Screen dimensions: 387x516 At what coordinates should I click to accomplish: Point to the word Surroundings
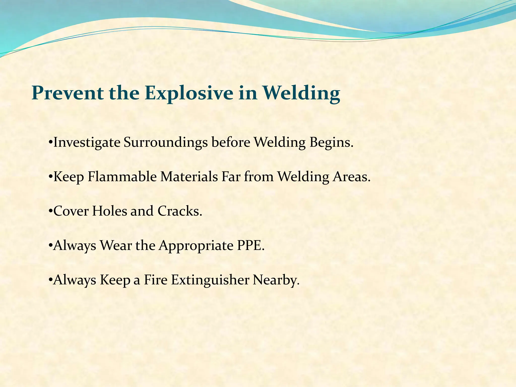pos(166,143)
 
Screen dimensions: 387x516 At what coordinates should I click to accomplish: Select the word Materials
pos(189,177)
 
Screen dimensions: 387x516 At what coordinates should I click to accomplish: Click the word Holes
pos(109,211)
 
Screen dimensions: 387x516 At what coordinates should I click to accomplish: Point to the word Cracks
pos(180,211)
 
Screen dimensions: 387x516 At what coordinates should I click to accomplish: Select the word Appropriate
pos(196,246)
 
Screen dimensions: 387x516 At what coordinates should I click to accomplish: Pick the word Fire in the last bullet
pos(155,280)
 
